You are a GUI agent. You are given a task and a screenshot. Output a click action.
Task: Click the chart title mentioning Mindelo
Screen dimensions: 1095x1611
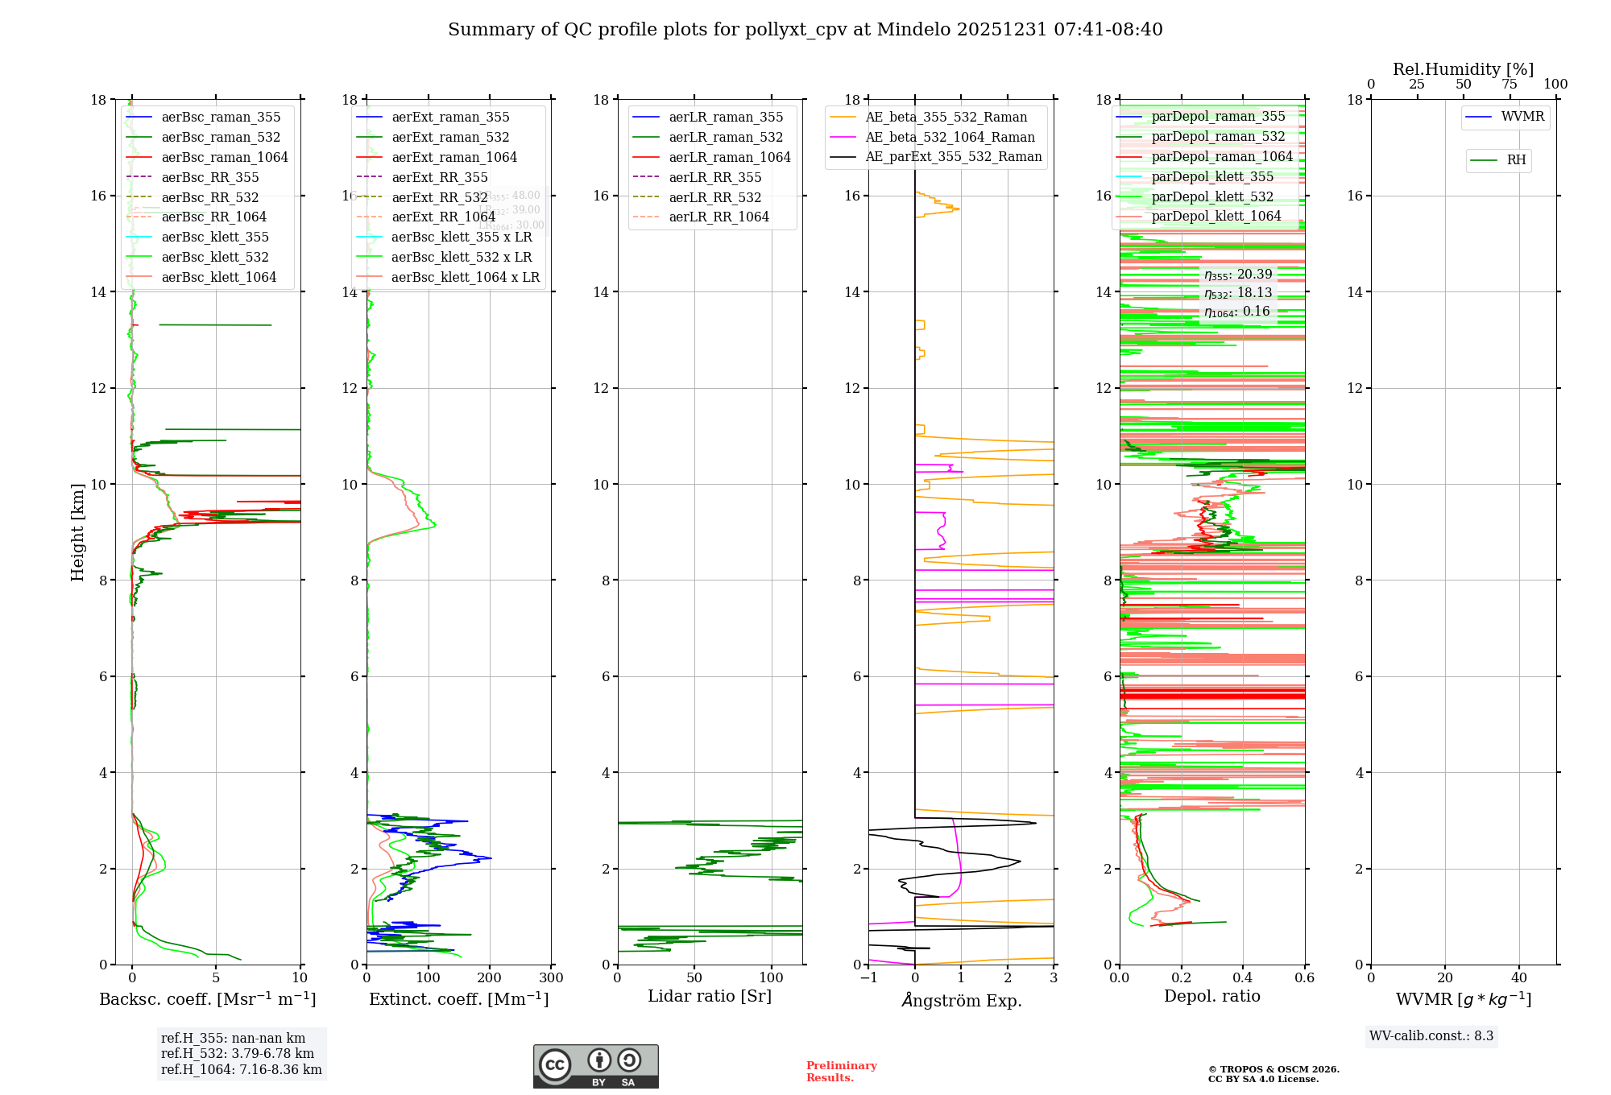805,30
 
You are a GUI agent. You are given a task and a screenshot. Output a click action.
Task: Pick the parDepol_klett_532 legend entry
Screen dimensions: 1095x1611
1212,196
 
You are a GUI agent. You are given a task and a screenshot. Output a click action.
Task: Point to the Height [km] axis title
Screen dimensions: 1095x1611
77,532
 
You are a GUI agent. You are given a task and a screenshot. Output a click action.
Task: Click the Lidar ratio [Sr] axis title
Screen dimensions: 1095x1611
710,996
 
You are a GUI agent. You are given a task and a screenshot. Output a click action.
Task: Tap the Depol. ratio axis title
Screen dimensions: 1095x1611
1211,996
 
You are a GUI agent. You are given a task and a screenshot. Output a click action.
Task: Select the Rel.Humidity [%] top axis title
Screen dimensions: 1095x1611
1463,69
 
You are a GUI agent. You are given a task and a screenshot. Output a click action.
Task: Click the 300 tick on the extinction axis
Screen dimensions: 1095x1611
551,978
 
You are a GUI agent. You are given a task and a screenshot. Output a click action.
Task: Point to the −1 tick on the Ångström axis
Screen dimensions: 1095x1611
868,978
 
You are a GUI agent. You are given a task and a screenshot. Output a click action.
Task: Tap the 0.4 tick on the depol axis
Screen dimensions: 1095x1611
1243,978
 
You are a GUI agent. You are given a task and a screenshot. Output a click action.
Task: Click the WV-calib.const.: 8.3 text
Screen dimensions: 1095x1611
1431,1036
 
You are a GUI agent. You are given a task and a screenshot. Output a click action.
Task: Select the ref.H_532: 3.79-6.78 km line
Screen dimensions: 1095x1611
238,1054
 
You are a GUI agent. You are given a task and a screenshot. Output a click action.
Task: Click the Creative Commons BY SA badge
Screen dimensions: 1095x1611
595,1067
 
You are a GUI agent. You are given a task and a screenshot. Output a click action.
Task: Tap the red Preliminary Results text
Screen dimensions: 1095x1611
841,1072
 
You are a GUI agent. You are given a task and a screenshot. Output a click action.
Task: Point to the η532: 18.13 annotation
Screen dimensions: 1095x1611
1238,293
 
